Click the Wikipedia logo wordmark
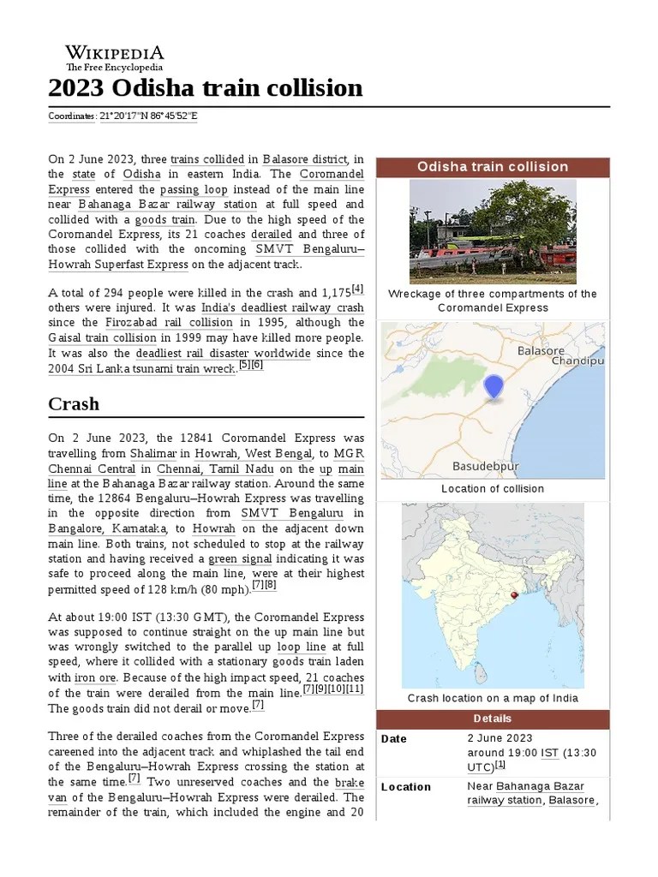[115, 53]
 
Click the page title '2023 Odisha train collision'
[206, 87]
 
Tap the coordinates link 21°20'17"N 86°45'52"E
[148, 116]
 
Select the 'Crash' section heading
[74, 403]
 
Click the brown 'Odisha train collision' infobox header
[493, 166]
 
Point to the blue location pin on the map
[493, 387]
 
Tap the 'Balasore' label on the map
[541, 350]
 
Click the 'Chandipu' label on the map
[577, 361]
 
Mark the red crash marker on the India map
[513, 594]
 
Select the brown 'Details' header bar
[493, 718]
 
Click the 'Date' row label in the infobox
[394, 738]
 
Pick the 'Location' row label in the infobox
[406, 786]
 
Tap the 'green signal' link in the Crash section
[239, 558]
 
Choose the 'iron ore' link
[94, 677]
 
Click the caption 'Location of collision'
[493, 488]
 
